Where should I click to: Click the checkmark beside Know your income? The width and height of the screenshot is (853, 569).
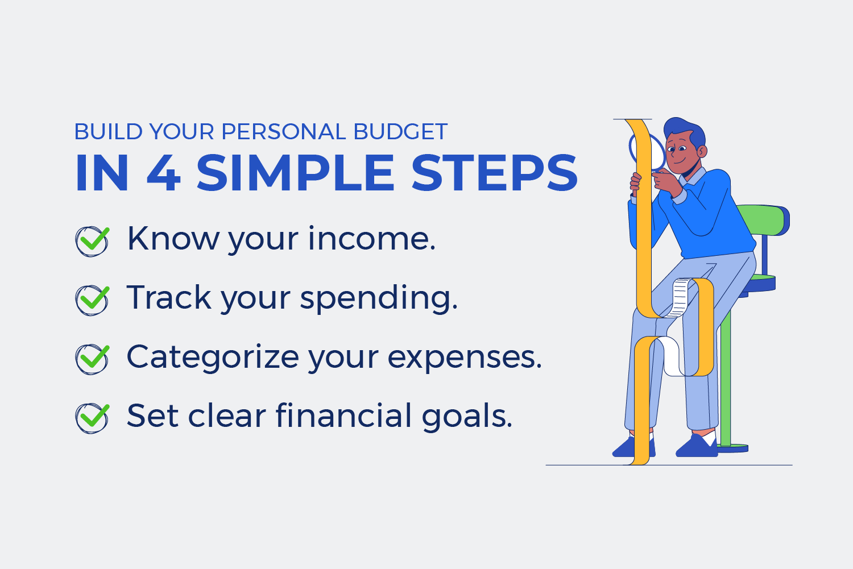tap(92, 241)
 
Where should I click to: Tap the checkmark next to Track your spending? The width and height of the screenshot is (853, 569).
tap(92, 300)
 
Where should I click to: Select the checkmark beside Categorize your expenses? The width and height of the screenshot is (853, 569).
tap(92, 359)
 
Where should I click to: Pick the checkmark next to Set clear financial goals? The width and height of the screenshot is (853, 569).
tap(92, 418)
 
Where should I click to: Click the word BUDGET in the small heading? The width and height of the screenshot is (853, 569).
tap(400, 132)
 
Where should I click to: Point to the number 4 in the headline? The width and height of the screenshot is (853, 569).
tap(163, 173)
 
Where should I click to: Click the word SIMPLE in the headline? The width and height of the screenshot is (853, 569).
tap(295, 173)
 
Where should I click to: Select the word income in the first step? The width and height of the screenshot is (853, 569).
tap(372, 239)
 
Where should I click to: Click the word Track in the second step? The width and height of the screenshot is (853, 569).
tap(169, 297)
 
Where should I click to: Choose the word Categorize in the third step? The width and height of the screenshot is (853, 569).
tap(212, 357)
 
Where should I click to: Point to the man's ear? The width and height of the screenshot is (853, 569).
tap(702, 151)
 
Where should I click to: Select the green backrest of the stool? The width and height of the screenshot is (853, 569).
tap(765, 219)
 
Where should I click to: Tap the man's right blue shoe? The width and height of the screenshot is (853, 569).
tap(697, 446)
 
